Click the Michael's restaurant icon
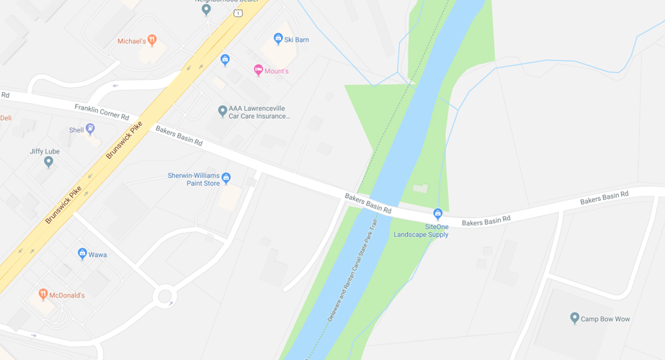point(152,40)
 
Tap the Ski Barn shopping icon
point(278,39)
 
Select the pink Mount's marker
point(258,70)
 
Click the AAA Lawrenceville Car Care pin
point(223,111)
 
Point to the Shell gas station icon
point(90,129)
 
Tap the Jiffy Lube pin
point(48,161)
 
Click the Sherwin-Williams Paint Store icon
point(226,177)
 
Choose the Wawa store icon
point(82,253)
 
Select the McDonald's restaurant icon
point(43,294)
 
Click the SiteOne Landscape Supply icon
point(437,214)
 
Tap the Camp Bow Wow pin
point(574,318)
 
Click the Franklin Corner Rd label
point(102,112)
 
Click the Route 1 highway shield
point(238,13)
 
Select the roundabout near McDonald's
point(165,296)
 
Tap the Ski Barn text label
point(296,40)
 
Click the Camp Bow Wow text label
point(605,319)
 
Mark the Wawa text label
point(98,255)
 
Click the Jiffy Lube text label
point(45,151)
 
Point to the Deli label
point(6,118)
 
